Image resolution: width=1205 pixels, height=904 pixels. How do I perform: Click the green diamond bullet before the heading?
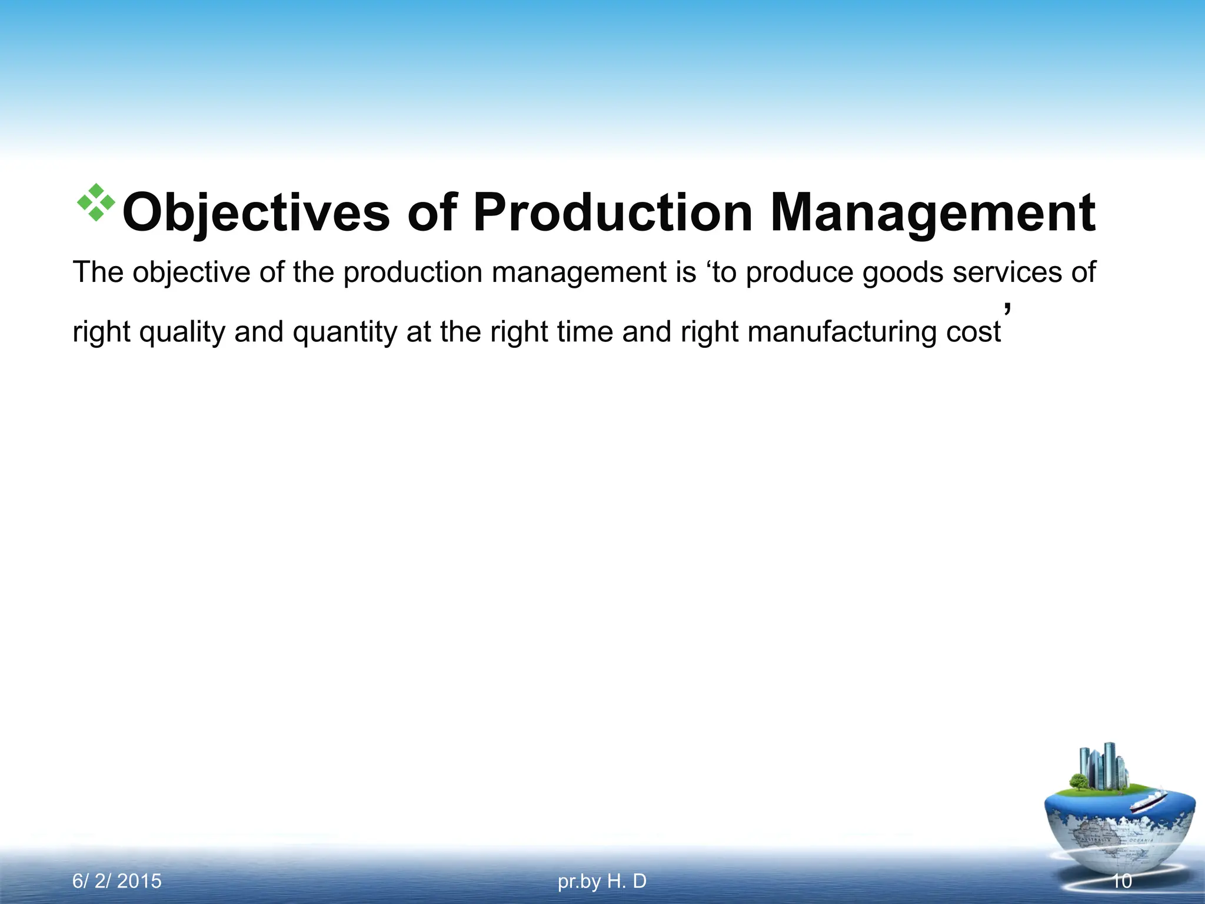[x=96, y=202]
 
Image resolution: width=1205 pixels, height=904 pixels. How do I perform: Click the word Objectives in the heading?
[x=256, y=213]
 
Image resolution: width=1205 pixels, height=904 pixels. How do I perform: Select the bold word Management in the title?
[x=933, y=213]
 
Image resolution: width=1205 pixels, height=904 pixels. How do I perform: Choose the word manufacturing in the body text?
[x=842, y=332]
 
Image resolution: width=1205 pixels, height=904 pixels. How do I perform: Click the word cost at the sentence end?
[x=973, y=332]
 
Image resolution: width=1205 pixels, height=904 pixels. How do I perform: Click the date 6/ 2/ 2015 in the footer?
[x=116, y=881]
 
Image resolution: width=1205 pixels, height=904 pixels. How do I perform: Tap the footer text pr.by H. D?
[x=602, y=881]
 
